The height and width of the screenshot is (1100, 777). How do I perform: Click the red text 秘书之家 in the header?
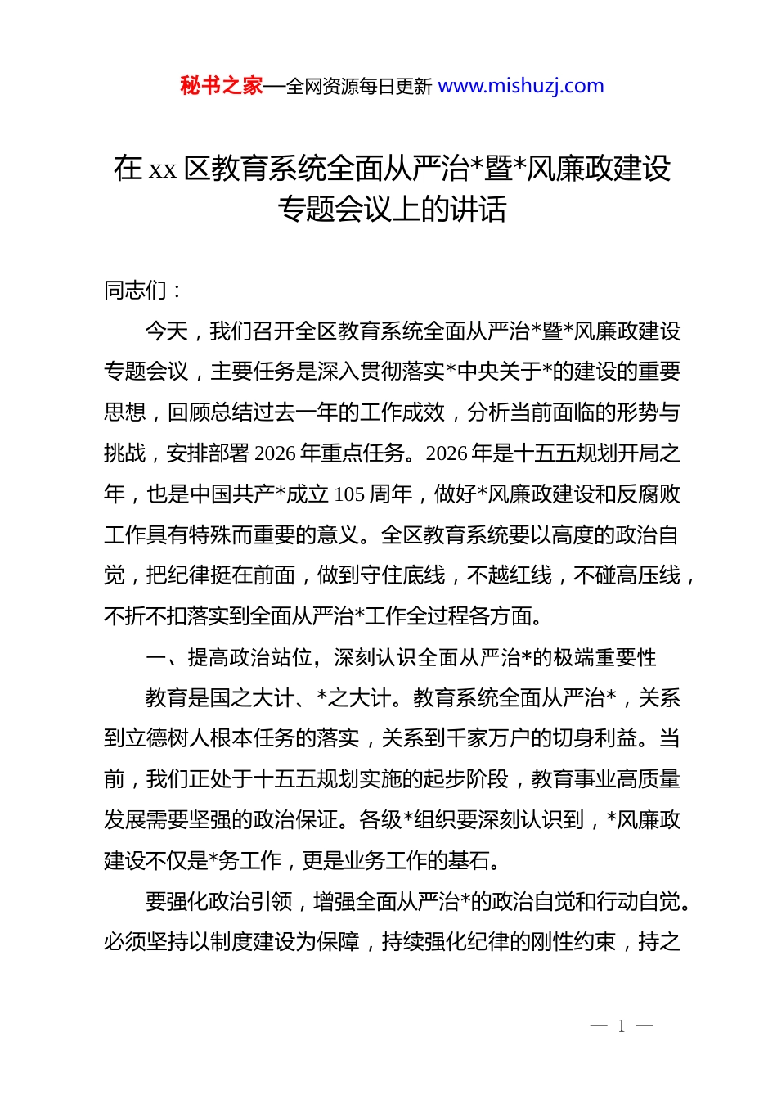221,86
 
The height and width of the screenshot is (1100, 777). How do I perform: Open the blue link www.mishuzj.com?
521,86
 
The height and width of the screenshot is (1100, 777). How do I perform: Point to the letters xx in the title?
163,169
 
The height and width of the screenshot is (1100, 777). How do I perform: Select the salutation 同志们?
135,291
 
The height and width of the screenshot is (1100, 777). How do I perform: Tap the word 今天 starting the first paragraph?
167,331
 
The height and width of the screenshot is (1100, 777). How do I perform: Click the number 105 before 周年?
349,494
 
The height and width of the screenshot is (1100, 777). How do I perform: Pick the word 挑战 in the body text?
124,453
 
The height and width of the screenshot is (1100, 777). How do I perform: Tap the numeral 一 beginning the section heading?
155,658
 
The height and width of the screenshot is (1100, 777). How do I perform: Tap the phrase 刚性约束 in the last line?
573,943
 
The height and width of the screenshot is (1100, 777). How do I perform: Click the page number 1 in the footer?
622,1026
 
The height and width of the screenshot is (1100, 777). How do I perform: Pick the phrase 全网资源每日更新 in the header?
358,87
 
